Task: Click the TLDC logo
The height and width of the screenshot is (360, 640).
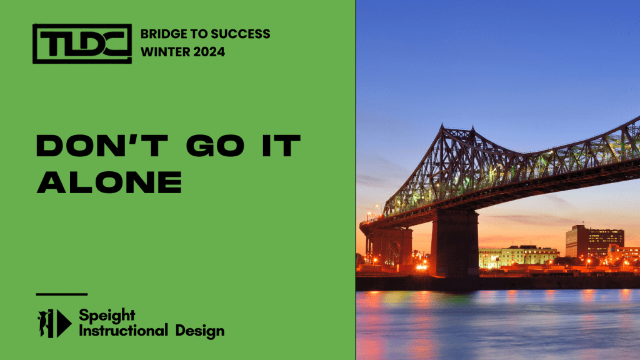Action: [x=82, y=44]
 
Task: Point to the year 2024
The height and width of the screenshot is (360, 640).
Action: [x=209, y=52]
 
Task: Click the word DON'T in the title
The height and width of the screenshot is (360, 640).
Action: [x=102, y=146]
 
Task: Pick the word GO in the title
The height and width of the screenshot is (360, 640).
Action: [x=216, y=146]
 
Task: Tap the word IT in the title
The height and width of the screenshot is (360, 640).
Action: [x=282, y=146]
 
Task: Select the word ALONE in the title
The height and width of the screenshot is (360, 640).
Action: [x=109, y=182]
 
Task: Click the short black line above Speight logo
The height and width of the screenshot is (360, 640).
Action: [x=62, y=294]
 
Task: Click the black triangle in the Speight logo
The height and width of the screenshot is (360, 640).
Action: [x=64, y=324]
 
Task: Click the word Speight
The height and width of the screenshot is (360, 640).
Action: [x=107, y=316]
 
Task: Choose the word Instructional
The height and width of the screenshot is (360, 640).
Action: [x=123, y=330]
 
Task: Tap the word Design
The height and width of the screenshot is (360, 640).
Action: [x=200, y=331]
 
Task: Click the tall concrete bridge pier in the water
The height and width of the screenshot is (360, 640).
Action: [x=455, y=244]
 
